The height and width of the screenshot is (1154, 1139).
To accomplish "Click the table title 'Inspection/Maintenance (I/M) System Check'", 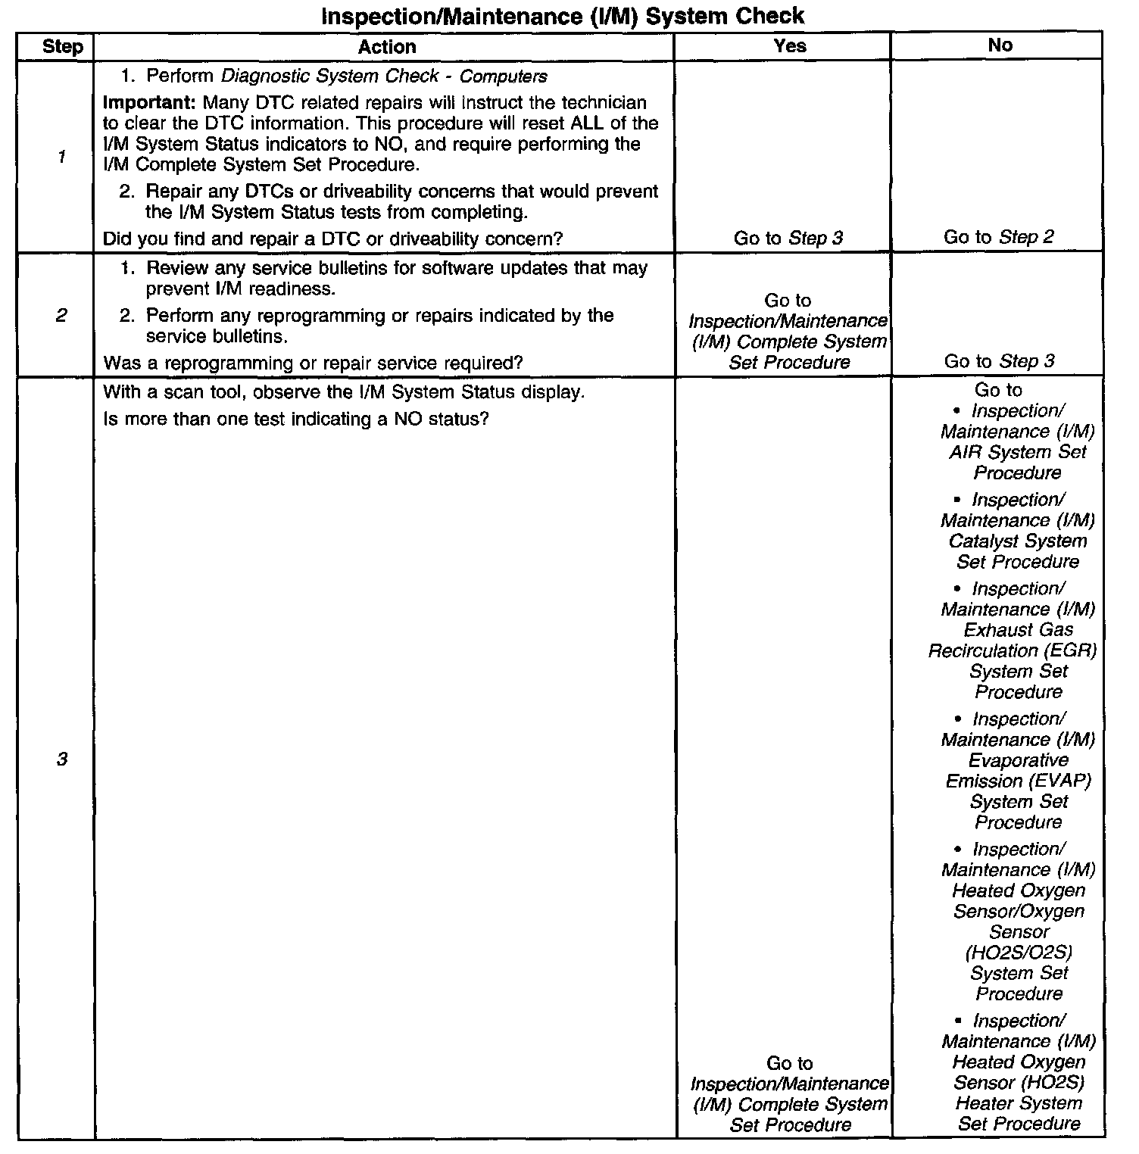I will click(563, 15).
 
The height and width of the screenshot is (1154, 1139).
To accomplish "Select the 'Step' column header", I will click(62, 46).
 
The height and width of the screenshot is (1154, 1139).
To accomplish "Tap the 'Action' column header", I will click(386, 46).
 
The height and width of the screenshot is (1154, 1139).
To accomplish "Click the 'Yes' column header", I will click(789, 45).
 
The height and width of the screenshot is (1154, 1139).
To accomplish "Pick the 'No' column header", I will click(1000, 45).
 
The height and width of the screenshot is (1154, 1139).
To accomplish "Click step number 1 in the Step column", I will click(61, 157).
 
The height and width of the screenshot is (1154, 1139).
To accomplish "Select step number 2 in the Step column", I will click(61, 315).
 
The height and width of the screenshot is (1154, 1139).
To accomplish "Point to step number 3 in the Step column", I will click(61, 759).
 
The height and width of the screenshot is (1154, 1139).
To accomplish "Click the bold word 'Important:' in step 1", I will click(150, 102).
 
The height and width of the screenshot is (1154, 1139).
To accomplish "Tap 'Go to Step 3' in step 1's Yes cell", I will click(788, 238).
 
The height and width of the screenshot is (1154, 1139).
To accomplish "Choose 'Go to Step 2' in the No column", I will click(998, 237).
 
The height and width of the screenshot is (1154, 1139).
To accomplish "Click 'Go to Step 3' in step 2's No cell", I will click(999, 361).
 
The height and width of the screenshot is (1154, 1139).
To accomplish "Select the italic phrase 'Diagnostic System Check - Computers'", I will click(384, 76).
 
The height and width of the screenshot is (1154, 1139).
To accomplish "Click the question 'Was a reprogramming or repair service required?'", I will click(313, 363).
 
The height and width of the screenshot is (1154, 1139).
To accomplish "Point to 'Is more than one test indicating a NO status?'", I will click(295, 419).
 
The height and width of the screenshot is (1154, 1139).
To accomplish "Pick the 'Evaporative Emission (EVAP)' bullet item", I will click(1018, 771).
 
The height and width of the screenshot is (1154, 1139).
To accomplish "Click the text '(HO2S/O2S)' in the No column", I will click(1019, 952).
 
